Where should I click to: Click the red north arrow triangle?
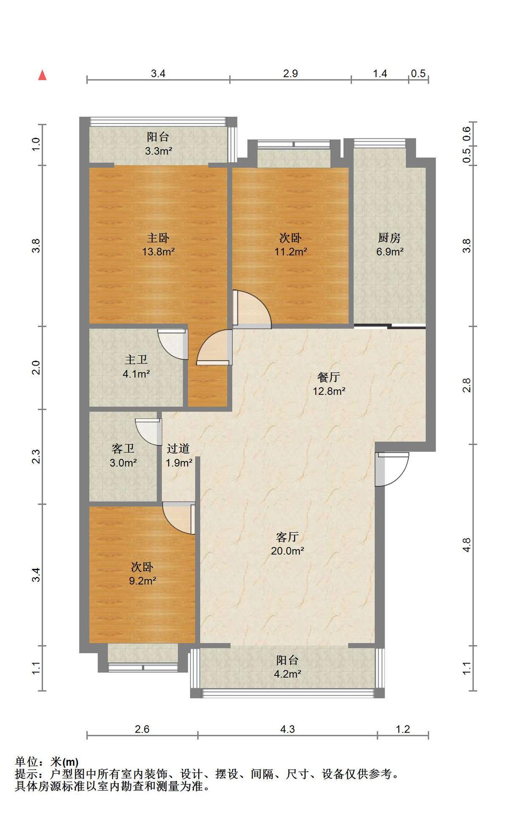click(42, 75)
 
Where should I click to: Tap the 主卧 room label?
click(158, 238)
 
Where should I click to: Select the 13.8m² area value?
click(158, 252)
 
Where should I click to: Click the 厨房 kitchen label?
click(389, 238)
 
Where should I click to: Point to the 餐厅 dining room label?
click(329, 377)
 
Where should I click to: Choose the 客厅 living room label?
click(287, 537)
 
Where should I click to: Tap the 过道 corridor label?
click(178, 448)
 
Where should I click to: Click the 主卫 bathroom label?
click(136, 360)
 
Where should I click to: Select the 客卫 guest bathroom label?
click(123, 448)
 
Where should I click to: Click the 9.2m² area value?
click(143, 581)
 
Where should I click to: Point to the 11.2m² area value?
click(291, 252)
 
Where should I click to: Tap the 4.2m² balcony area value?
click(288, 674)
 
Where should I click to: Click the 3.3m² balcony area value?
click(158, 151)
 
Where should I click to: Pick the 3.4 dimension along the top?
click(158, 73)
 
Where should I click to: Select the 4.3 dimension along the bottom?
click(287, 729)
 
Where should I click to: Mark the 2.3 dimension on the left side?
click(37, 456)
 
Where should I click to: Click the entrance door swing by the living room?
click(392, 469)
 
